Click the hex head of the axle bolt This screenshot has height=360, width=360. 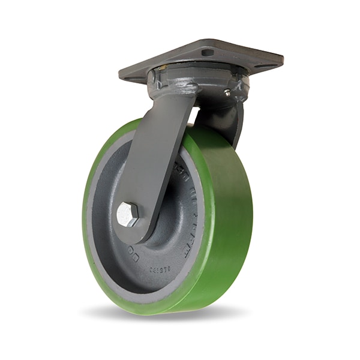127,214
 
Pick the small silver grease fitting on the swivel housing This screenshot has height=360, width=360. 227,92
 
